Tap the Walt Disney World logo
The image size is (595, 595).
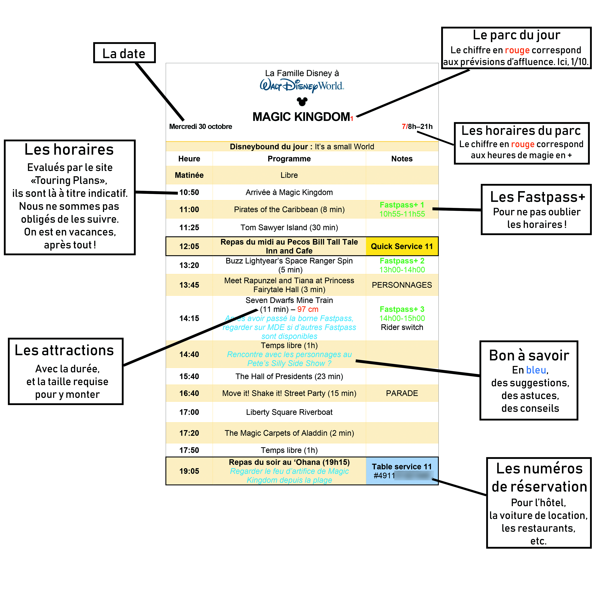(x=302, y=86)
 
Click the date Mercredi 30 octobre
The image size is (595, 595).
(x=201, y=127)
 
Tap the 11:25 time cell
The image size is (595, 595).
(x=189, y=228)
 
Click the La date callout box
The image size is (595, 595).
(x=124, y=53)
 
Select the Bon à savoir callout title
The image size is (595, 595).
(x=529, y=355)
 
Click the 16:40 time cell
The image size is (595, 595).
(x=189, y=393)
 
